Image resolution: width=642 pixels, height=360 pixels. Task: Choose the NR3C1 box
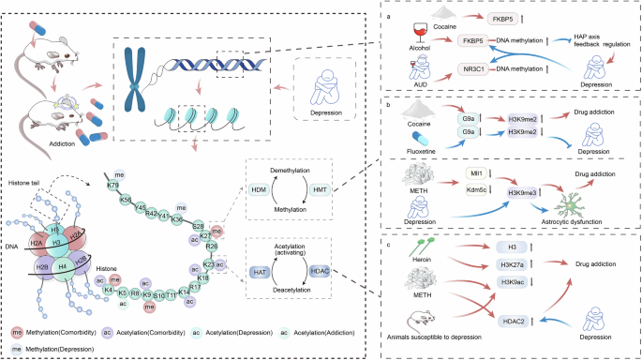tap(478, 69)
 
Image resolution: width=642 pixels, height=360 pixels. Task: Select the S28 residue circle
tap(199, 226)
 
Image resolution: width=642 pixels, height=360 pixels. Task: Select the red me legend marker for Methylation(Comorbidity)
tap(18, 333)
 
